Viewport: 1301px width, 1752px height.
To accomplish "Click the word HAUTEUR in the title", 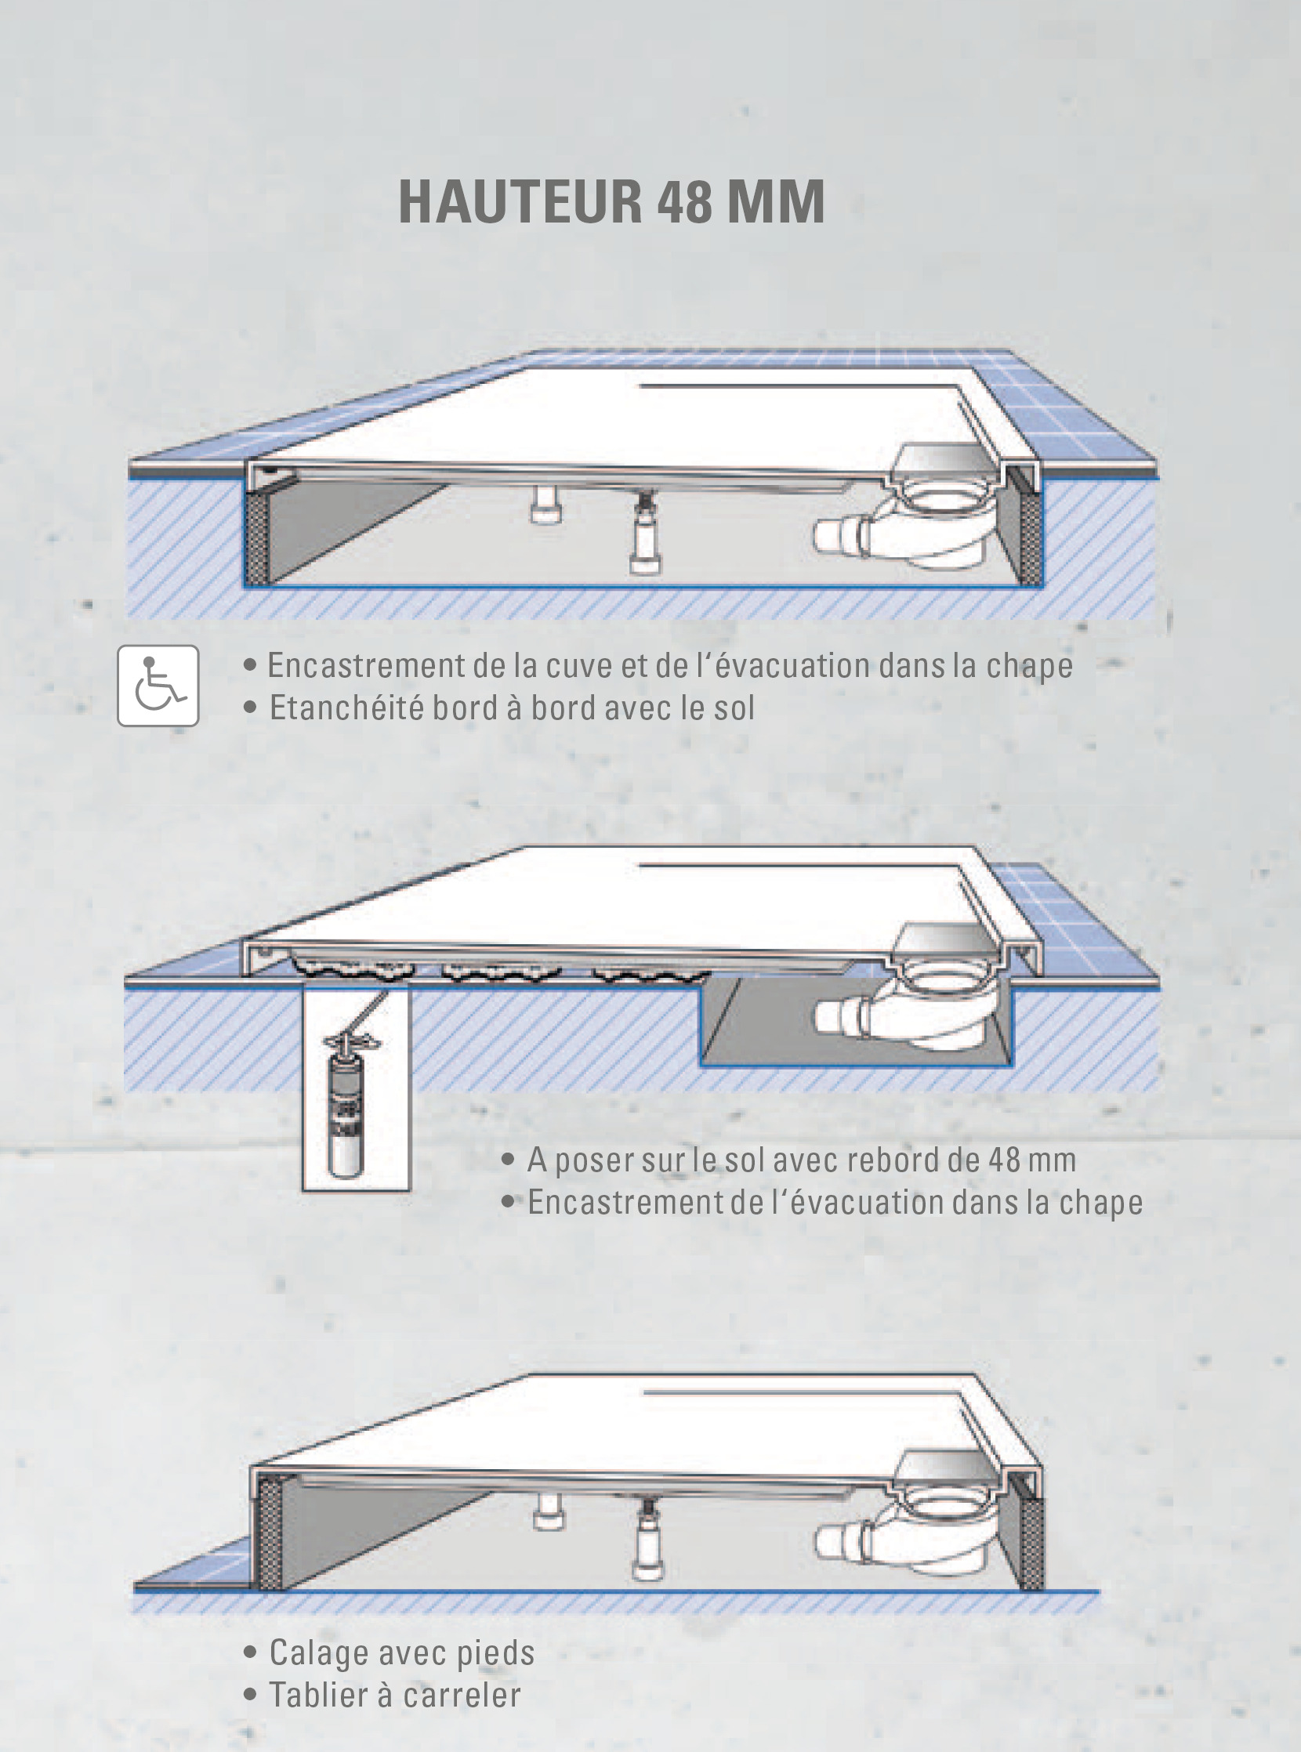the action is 521,201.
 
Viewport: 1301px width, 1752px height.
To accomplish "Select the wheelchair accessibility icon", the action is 158,685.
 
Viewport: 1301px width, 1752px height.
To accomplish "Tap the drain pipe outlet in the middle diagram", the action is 842,1015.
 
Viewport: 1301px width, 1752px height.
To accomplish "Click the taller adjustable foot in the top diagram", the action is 646,531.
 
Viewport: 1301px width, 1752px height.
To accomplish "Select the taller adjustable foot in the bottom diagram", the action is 648,1537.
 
